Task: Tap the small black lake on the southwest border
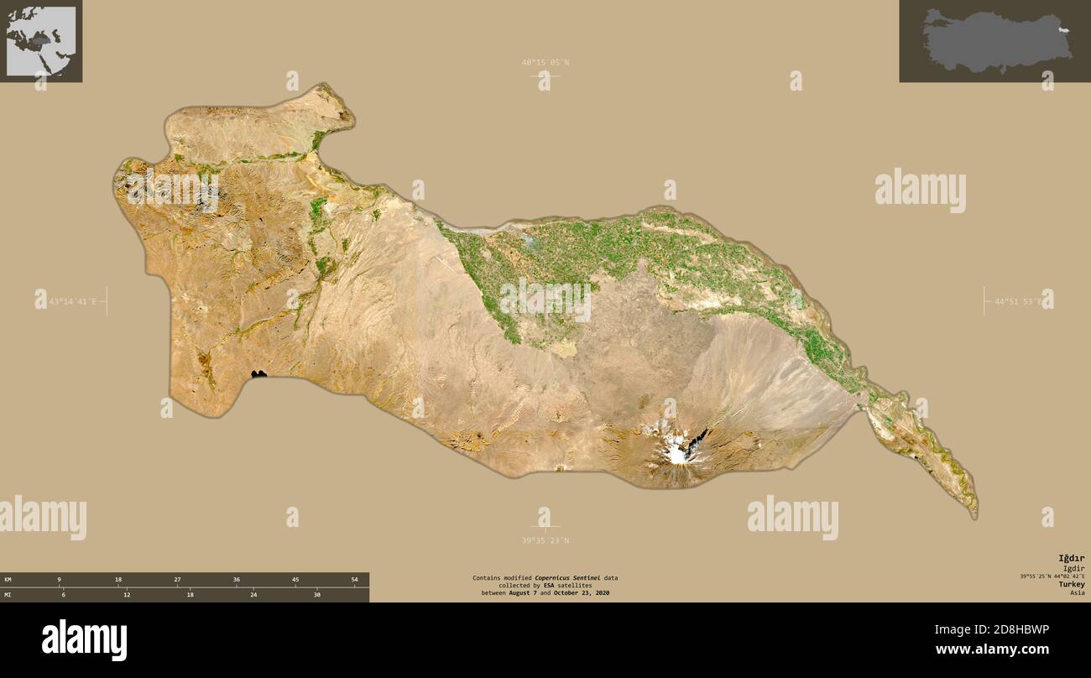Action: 258,373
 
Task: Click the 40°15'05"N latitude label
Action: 545,62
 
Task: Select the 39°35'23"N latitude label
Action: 545,540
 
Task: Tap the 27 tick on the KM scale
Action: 177,580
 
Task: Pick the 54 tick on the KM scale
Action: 354,580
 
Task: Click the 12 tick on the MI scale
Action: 127,595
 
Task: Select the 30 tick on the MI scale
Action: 316,595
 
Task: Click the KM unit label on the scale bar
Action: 8,580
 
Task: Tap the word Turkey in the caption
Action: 1071,584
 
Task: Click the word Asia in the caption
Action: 1077,593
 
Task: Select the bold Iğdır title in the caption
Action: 1071,558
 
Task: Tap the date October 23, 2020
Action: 582,593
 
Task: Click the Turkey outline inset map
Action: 994,41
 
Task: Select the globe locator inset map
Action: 41,41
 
